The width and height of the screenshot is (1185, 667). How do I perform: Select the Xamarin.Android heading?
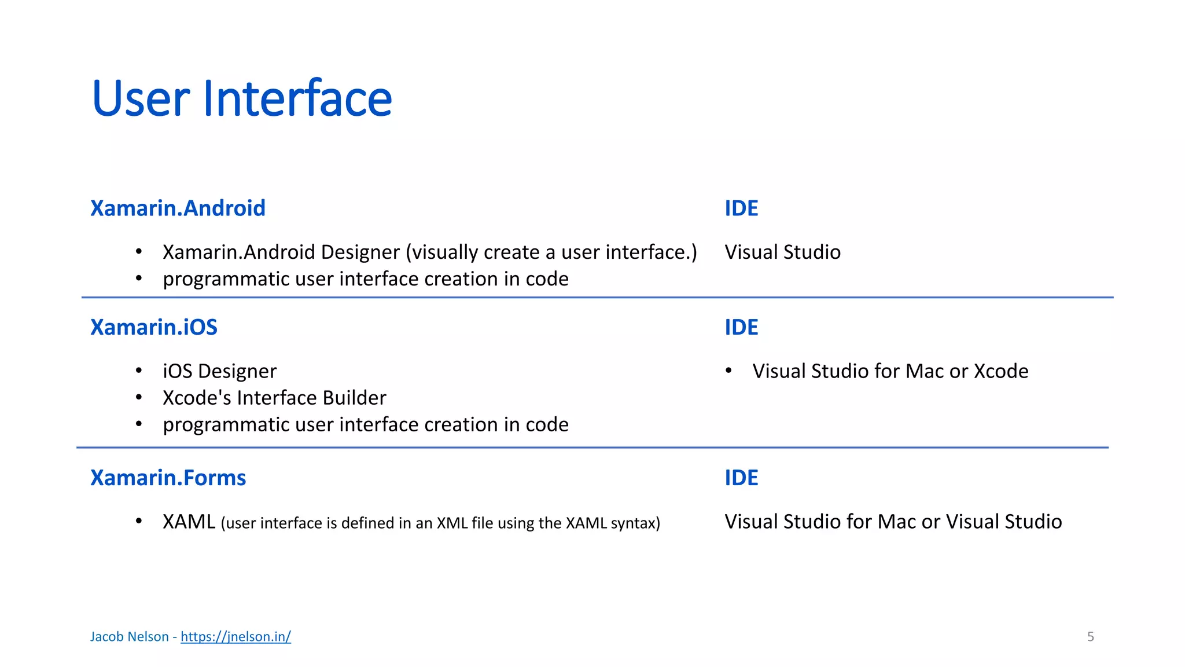pos(178,208)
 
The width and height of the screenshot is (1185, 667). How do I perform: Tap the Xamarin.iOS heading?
pos(154,328)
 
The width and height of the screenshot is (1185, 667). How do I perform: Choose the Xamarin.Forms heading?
pos(168,478)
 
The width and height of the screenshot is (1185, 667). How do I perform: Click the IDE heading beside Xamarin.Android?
pos(741,208)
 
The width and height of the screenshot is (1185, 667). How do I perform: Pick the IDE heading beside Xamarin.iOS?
pos(741,328)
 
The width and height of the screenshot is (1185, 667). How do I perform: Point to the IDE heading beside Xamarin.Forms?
pos(741,478)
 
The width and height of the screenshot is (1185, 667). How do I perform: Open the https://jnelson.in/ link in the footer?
pos(235,637)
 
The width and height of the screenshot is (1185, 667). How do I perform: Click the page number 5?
pos(1091,637)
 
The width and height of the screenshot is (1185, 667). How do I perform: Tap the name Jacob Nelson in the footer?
pos(129,637)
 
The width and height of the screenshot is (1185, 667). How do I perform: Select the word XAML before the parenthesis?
pos(189,522)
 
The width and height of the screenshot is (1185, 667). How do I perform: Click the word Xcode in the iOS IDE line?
pos(1001,371)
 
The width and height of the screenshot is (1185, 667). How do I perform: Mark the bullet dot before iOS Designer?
pos(139,371)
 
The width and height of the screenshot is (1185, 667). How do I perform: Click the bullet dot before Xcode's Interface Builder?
pos(139,397)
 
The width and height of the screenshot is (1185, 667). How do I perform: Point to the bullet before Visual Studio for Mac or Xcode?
pos(729,371)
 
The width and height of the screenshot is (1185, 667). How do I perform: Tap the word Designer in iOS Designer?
pos(237,372)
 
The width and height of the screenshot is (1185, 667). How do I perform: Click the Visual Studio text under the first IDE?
pos(782,252)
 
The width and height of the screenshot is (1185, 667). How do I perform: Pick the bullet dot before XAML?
pos(139,521)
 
